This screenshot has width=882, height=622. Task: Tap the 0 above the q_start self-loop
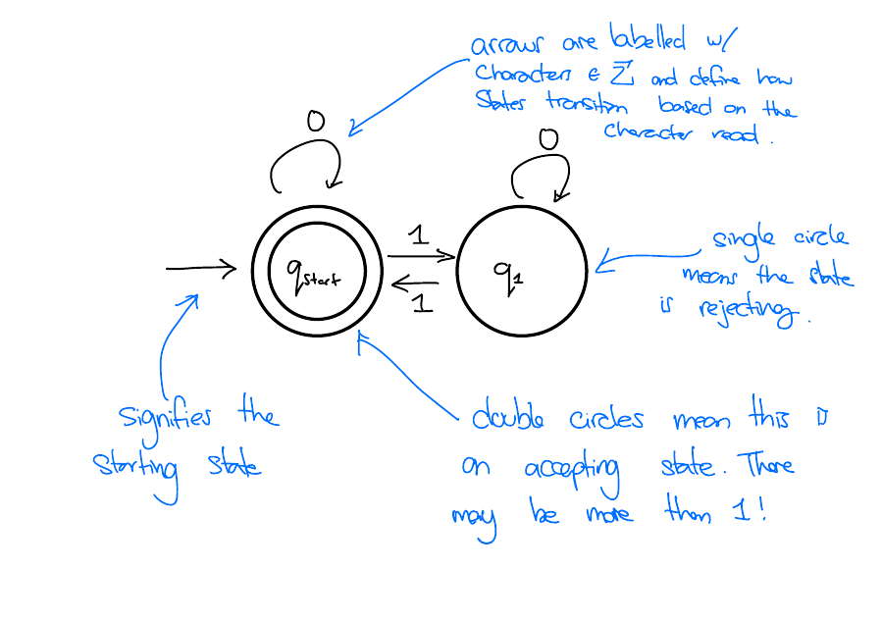pyautogui.click(x=314, y=122)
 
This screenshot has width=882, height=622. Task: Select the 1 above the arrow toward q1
pyautogui.click(x=418, y=234)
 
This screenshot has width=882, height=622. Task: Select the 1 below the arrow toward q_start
pyautogui.click(x=422, y=303)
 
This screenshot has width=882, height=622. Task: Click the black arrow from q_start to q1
pyautogui.click(x=421, y=257)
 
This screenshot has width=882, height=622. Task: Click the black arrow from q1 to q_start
pyautogui.click(x=421, y=284)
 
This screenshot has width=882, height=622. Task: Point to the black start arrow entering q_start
pyautogui.click(x=201, y=267)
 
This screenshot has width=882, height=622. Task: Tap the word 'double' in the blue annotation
pyautogui.click(x=508, y=420)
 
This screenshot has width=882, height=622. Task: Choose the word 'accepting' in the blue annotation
pyautogui.click(x=579, y=467)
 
